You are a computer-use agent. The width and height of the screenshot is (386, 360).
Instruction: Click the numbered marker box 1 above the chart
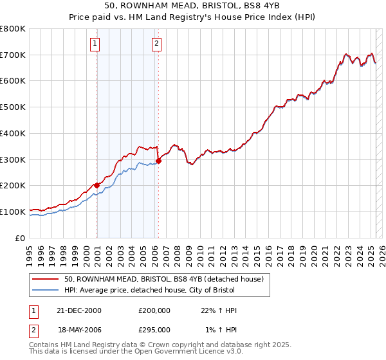point(95,44)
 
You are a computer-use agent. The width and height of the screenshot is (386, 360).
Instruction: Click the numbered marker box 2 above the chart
point(156,44)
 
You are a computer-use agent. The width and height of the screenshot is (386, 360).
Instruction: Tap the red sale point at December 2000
point(97,185)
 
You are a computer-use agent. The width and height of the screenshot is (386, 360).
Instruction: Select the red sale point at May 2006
point(159,161)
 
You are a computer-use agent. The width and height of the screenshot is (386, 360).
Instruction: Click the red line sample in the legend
point(46,280)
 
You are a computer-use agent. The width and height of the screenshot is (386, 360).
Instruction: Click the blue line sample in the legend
point(46,291)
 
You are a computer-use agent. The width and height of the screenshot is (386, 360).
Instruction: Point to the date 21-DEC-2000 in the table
point(79,310)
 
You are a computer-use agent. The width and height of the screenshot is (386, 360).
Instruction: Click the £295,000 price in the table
point(154,329)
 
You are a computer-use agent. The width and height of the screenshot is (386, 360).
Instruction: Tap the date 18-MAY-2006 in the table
point(80,329)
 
